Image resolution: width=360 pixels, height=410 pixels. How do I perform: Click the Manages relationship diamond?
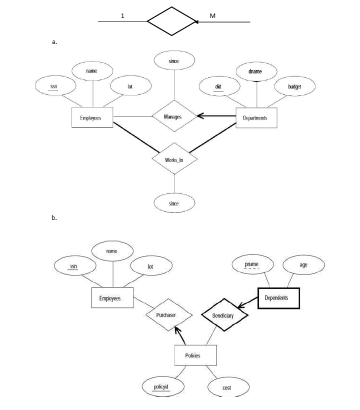tap(173, 117)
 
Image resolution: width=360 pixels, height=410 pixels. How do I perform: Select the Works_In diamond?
tap(174, 160)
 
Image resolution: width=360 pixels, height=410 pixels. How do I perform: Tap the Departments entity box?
tap(255, 118)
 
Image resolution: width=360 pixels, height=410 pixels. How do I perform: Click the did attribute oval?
tap(218, 87)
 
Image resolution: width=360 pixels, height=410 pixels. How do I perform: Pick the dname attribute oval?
tap(255, 71)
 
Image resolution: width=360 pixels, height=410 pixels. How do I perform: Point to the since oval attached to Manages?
tap(173, 61)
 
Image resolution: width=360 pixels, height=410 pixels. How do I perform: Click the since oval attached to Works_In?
tap(174, 203)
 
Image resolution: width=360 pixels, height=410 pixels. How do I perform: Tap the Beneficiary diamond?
tap(224, 315)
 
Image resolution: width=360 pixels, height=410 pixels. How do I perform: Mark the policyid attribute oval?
tap(161, 386)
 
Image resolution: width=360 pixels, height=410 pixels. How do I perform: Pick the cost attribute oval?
tap(226, 387)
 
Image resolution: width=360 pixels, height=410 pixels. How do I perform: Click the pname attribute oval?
tap(252, 264)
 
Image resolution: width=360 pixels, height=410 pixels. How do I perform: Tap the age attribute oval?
tap(303, 264)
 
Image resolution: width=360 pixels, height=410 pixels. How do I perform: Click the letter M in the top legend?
tap(212, 16)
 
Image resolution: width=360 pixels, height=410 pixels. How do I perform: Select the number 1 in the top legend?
tap(123, 16)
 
